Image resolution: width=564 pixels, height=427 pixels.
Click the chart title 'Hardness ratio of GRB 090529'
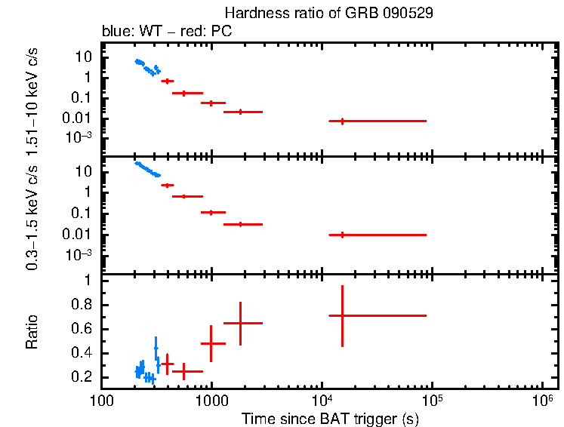coord(328,14)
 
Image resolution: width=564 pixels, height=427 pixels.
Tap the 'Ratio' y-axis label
coord(32,333)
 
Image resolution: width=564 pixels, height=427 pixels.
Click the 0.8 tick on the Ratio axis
coord(89,305)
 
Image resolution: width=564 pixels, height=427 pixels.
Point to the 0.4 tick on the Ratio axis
coord(89,353)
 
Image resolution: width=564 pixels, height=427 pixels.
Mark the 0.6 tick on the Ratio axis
coord(89,329)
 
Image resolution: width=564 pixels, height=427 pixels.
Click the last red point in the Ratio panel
coord(343,315)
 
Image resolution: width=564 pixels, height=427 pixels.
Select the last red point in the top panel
coord(343,121)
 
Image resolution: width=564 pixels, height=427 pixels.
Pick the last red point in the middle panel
coord(343,235)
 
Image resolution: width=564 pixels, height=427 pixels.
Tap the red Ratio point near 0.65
coord(240,323)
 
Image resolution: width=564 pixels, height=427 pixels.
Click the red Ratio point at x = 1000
coord(211,343)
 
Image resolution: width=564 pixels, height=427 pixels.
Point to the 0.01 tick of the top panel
coord(84,118)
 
